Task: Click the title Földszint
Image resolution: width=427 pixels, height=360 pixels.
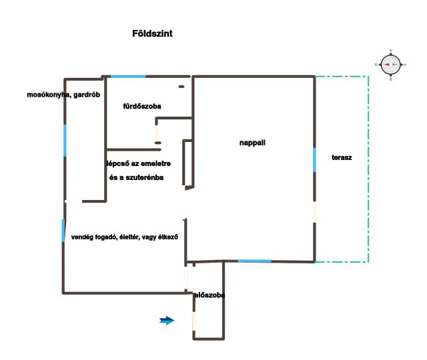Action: [x=153, y=33]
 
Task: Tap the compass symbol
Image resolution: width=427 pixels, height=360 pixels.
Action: [x=390, y=65]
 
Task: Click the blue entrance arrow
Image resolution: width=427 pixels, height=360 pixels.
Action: [x=167, y=321]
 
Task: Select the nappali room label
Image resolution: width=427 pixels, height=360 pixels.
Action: [x=252, y=143]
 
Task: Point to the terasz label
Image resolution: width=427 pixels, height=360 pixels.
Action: [x=342, y=158]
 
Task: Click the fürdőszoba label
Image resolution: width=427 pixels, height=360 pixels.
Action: [x=142, y=106]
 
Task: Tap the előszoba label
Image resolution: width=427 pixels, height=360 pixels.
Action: [x=209, y=295]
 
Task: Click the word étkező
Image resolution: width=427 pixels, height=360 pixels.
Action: [x=173, y=237]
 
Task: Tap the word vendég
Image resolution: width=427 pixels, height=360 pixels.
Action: [x=83, y=237]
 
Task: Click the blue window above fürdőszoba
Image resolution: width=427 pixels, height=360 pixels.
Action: [x=128, y=76]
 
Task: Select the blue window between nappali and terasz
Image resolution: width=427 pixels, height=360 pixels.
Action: [x=314, y=160]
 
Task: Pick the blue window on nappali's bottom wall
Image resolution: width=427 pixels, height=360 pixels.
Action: [x=254, y=261]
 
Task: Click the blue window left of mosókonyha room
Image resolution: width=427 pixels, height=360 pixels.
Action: [x=65, y=140]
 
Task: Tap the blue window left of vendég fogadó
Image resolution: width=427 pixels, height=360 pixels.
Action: [x=64, y=230]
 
